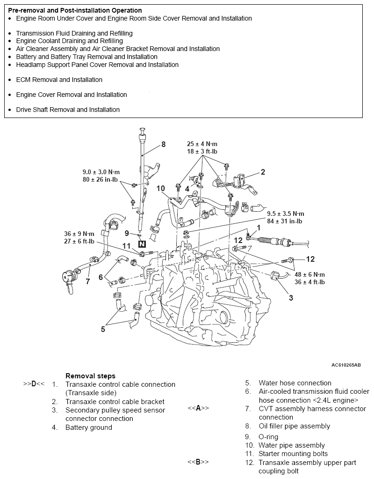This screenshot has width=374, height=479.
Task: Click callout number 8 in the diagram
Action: [163, 144]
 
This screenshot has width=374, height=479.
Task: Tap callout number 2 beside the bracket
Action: [263, 172]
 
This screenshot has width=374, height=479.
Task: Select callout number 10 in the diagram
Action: [161, 188]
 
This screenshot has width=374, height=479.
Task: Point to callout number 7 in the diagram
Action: [87, 281]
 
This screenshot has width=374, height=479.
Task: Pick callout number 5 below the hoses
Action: [103, 329]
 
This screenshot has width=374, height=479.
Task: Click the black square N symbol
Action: [142, 244]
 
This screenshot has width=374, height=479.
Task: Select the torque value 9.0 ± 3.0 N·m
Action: [101, 172]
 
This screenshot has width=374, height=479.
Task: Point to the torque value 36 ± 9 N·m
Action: [79, 234]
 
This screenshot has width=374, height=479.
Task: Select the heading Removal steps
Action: [90, 376]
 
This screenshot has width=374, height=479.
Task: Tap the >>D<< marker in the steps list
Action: [34, 384]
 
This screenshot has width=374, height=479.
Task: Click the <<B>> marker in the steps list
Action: [198, 462]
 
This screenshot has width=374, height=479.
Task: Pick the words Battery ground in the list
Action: [89, 427]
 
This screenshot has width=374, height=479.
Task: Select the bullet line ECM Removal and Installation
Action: [59, 80]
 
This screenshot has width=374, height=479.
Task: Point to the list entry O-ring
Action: [268, 437]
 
